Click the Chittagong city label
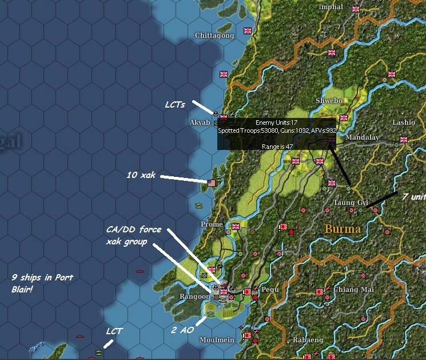click(214, 35)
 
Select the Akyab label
click(200, 122)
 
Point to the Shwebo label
click(329, 101)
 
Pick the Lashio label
click(404, 122)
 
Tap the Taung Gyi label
click(351, 203)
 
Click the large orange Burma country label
click(343, 229)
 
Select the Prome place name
click(212, 224)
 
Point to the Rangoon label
click(196, 295)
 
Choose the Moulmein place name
click(217, 340)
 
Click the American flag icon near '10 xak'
click(212, 183)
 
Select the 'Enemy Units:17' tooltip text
click(277, 122)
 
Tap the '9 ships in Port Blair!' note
click(43, 283)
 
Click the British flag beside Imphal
click(356, 9)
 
